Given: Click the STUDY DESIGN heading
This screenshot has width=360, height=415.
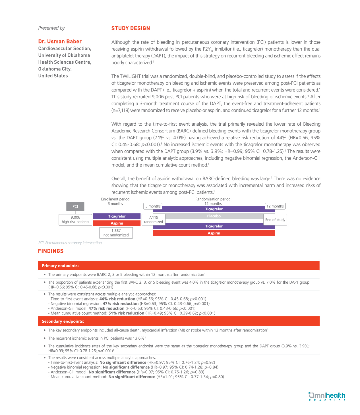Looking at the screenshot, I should tap(131, 28).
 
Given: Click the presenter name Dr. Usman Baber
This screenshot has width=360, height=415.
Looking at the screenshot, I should tap(60, 42).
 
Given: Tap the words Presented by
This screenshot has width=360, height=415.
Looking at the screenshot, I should tap(51, 28).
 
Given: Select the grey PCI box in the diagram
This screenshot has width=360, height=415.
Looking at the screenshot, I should tap(75, 206).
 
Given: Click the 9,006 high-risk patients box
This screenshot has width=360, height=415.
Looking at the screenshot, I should tap(75, 220).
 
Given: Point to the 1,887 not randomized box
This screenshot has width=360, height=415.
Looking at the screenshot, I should tap(116, 233).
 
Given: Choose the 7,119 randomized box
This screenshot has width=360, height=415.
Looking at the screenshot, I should tap(154, 220).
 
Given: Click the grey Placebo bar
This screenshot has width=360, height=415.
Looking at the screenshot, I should tap(214, 216).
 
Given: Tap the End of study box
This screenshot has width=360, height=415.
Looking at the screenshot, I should tap(275, 220).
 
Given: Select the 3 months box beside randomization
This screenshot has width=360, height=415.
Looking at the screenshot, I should tap(153, 206).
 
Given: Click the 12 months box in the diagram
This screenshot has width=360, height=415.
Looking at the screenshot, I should tap(275, 206).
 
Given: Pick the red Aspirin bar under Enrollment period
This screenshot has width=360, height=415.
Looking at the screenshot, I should tap(117, 223).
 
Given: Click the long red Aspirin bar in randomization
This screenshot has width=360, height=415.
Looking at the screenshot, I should tap(214, 233).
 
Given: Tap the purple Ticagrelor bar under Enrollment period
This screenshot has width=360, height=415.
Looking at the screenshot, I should tap(117, 216).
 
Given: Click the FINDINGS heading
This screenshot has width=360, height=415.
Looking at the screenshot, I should tap(51, 251).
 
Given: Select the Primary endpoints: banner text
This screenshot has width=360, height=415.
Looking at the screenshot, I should tap(60, 266).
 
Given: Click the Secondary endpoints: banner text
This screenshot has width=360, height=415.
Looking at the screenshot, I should tap(63, 321).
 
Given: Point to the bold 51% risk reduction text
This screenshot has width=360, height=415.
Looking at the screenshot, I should tap(126, 313).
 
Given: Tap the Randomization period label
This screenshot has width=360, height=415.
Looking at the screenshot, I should tap(213, 199).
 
